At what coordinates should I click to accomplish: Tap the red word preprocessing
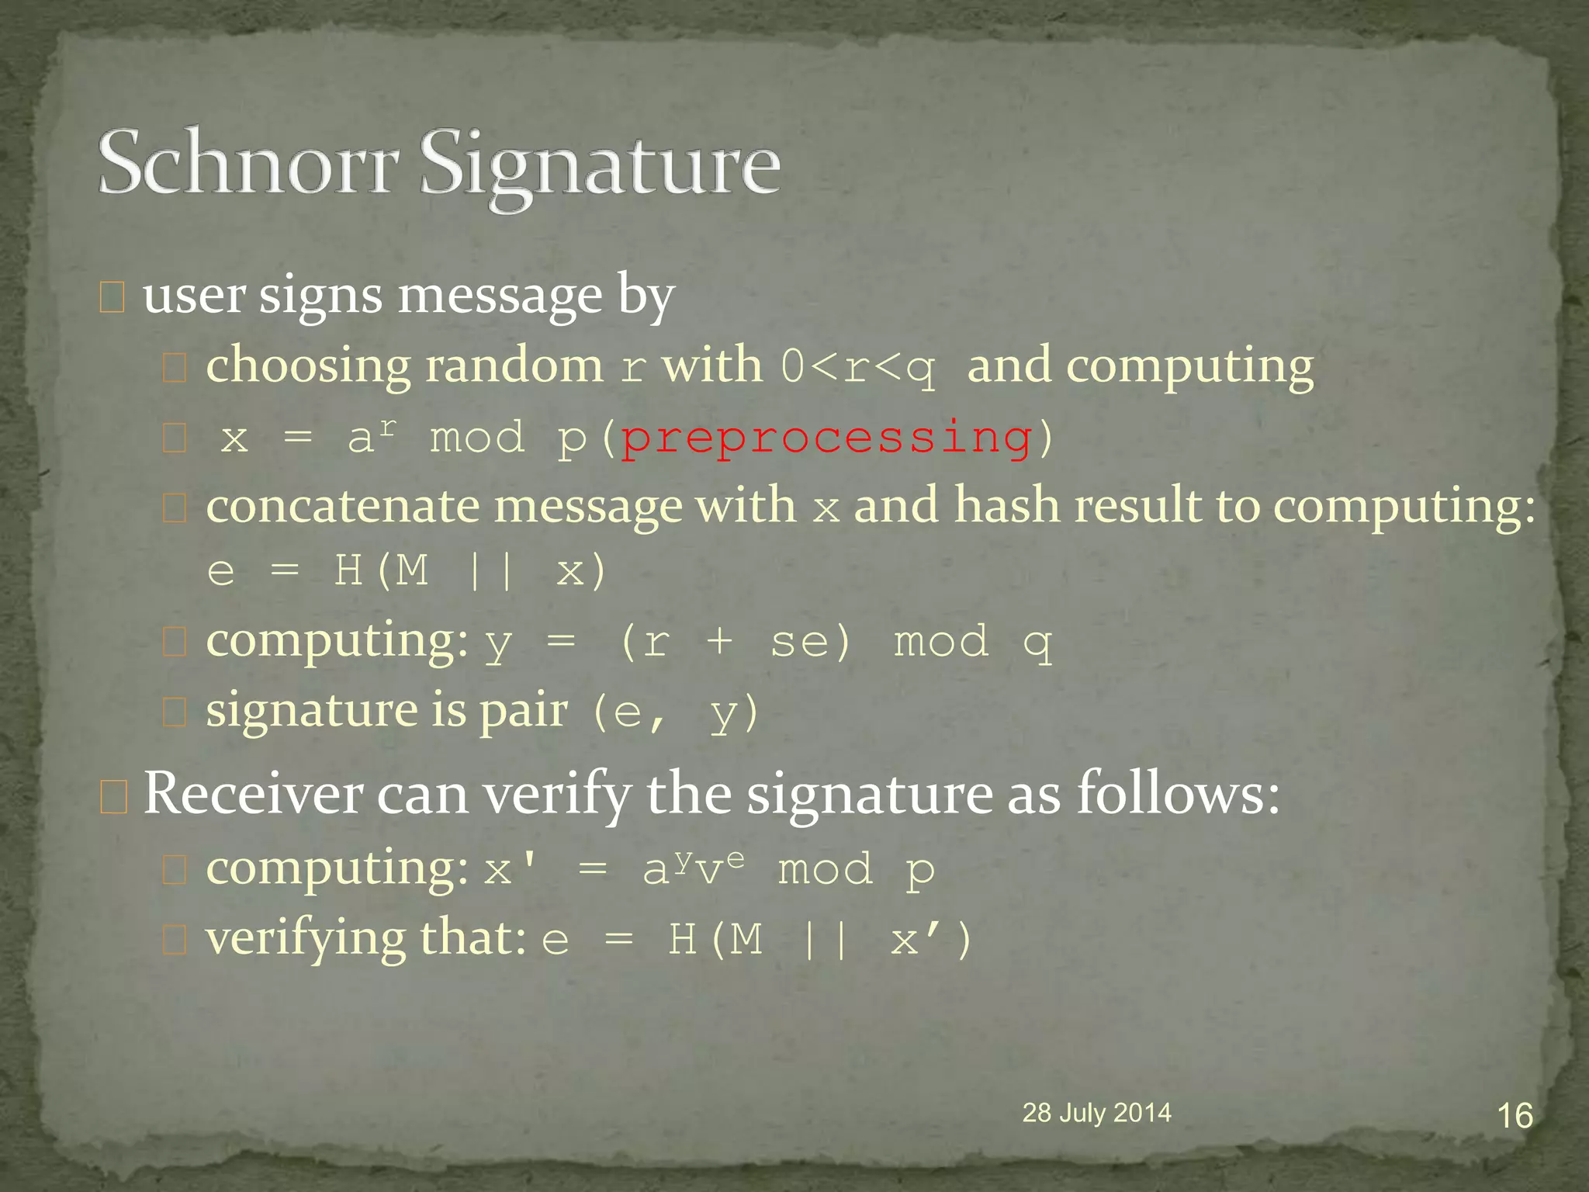pos(826,438)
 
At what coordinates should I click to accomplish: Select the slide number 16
pos(1514,1116)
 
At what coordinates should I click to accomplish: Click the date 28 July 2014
pos(1096,1113)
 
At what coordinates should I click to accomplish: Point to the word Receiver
pos(253,793)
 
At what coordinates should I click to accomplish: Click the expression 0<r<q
pos(858,366)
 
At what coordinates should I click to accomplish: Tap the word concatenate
pos(343,506)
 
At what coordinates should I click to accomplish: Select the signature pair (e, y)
pos(673,712)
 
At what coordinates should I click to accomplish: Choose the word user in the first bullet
pos(194,296)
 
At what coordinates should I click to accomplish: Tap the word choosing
pos(308,366)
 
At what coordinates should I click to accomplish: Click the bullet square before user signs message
pos(113,298)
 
